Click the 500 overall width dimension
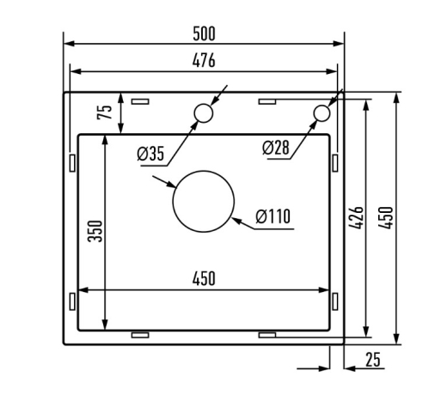204,33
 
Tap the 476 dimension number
204,61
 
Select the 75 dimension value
104,112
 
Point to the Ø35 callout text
150,154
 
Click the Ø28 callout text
276,148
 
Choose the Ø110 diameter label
273,216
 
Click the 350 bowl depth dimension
95,231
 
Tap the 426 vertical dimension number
356,217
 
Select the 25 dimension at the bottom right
373,360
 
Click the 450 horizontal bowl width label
204,279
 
